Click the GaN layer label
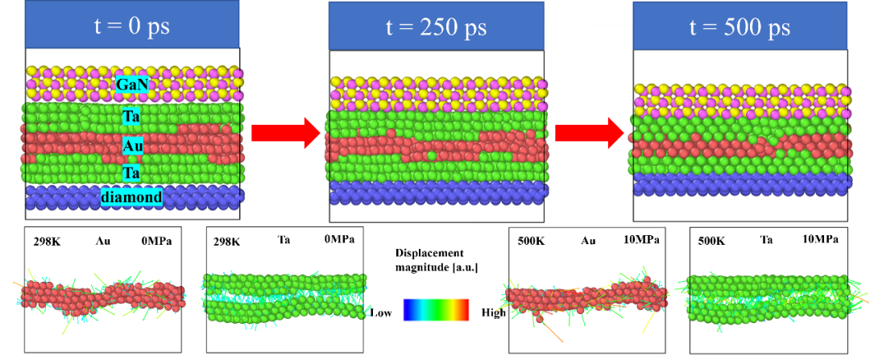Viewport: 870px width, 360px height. pyautogui.click(x=132, y=85)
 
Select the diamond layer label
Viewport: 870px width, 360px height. pyautogui.click(x=131, y=197)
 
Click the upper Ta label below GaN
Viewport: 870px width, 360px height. pyautogui.click(x=132, y=117)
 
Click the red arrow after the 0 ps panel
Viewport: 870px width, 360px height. pyautogui.click(x=286, y=133)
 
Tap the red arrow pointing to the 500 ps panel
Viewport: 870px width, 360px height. pyautogui.click(x=590, y=133)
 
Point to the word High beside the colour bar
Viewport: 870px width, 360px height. pyautogui.click(x=493, y=313)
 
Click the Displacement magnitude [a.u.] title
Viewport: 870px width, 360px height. pyautogui.click(x=437, y=260)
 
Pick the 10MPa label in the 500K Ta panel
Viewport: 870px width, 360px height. pyautogui.click(x=820, y=240)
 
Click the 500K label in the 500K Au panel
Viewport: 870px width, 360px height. pyautogui.click(x=528, y=242)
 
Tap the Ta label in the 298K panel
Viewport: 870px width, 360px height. pyautogui.click(x=283, y=240)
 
